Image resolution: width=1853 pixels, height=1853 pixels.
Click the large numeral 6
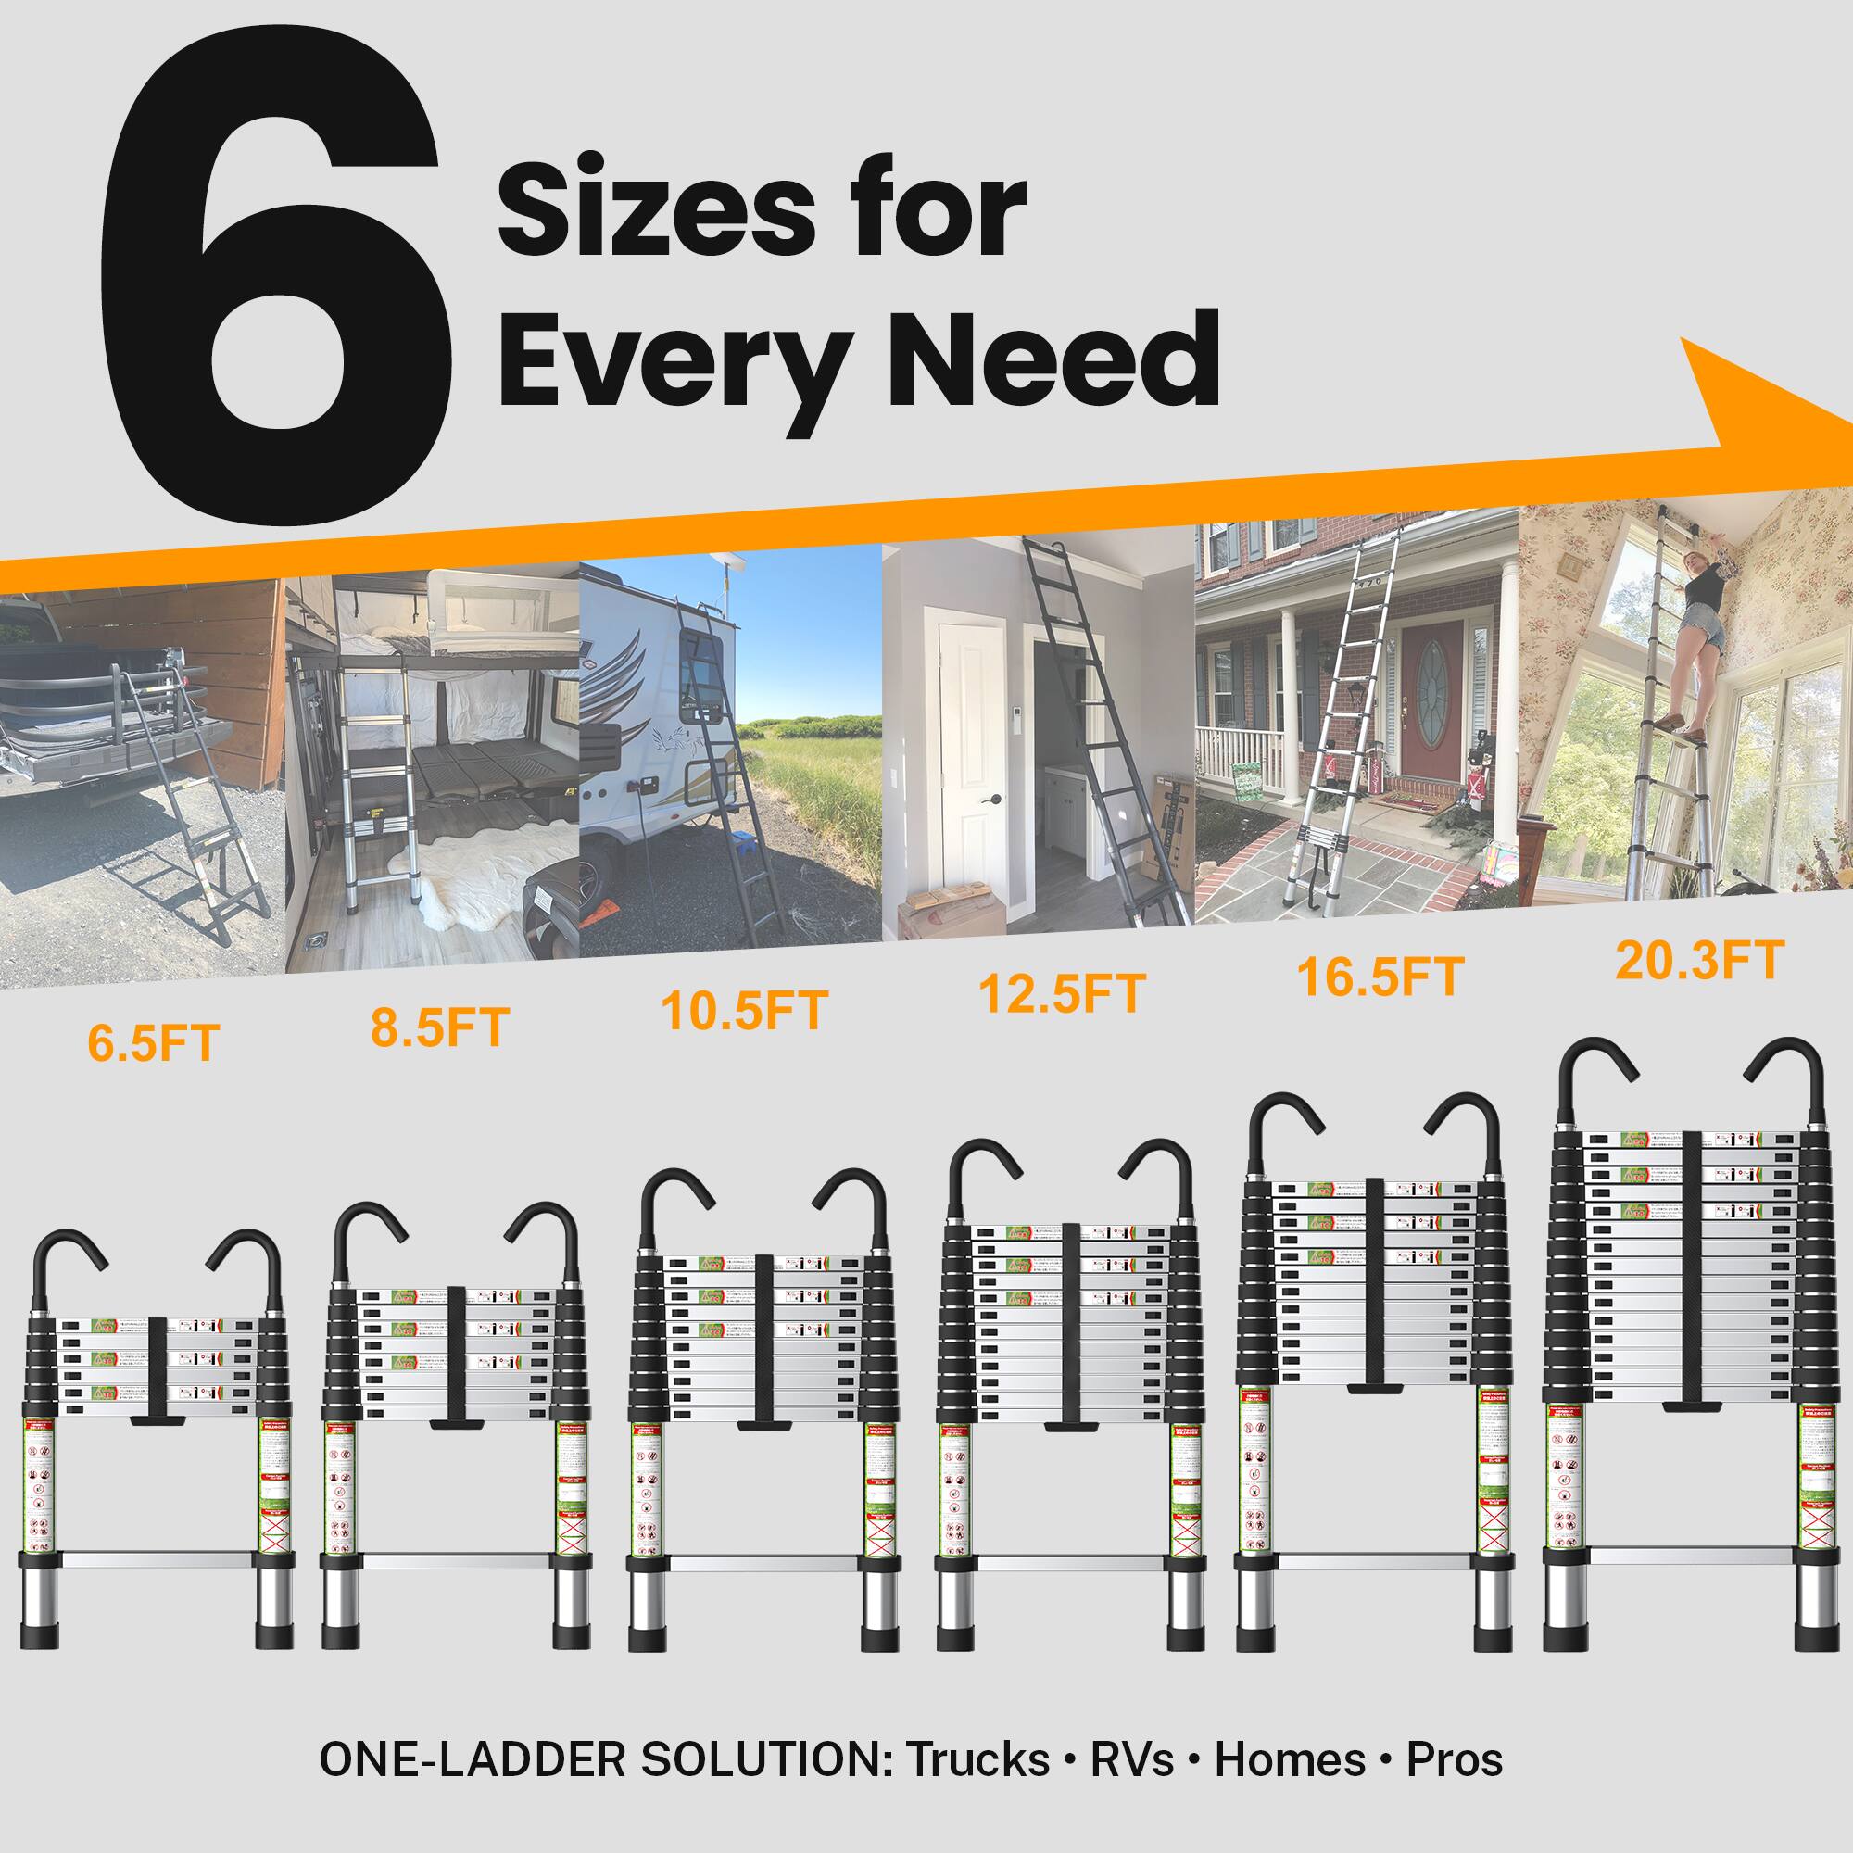click(x=273, y=278)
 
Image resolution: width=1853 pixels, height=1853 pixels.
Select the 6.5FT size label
click(x=154, y=1043)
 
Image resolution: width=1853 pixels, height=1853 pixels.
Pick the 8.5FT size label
click(x=439, y=1027)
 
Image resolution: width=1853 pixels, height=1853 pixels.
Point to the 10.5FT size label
click(x=744, y=1011)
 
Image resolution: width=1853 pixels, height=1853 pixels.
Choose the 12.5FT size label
click(x=1062, y=993)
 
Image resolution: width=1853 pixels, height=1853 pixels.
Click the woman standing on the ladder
click(x=1693, y=652)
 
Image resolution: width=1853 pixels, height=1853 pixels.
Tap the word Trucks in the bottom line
click(x=977, y=1760)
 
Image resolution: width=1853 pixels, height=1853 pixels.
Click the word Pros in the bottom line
click(x=1454, y=1760)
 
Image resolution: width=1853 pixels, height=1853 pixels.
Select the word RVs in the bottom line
click(x=1132, y=1760)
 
